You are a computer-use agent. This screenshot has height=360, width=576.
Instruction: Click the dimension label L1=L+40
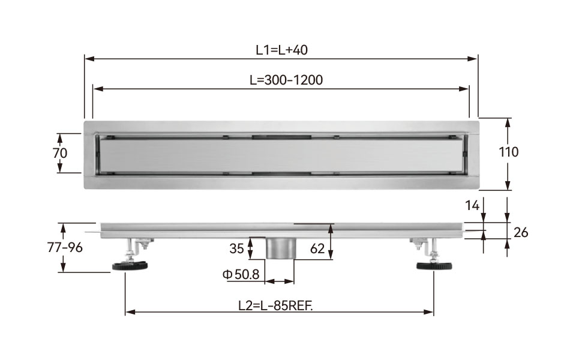coord(281,50)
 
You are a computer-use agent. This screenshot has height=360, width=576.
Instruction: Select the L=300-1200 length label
coord(286,80)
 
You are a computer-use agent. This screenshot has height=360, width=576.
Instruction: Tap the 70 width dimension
coord(60,153)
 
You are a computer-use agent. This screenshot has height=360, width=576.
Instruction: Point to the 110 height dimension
coord(508,152)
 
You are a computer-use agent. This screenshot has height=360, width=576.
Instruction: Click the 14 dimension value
coord(472,206)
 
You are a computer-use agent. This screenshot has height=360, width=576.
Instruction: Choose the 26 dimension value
coord(521,232)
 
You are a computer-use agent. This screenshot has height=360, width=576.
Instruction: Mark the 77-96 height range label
coord(65,248)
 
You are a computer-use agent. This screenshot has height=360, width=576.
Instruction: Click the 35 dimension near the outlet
coord(236,248)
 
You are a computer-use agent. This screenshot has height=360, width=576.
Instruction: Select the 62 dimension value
coord(317,248)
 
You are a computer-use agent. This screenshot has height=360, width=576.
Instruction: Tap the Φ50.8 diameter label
coord(241,274)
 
